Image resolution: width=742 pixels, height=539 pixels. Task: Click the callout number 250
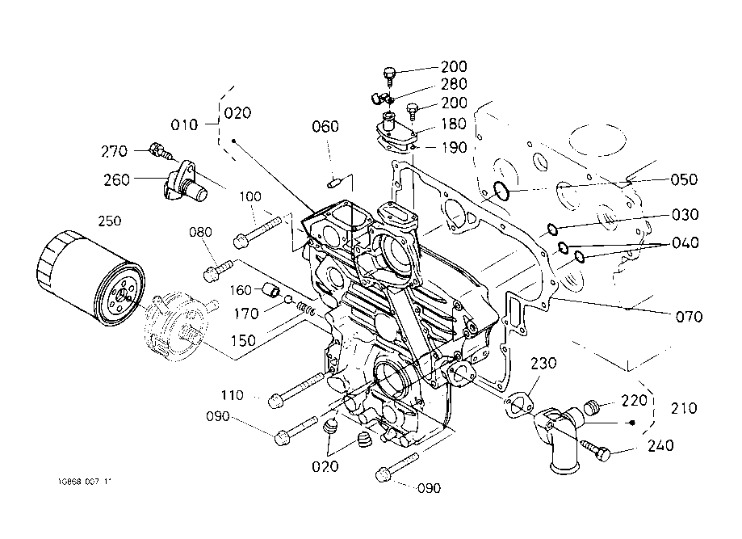[x=110, y=221]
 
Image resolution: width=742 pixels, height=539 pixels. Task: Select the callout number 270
[x=115, y=150]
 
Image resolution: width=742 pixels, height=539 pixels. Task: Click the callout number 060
[x=325, y=127]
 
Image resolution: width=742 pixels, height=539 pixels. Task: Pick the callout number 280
[x=454, y=85]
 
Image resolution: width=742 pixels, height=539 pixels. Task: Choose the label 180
[x=454, y=124]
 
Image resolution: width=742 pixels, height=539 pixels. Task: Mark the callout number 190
[x=454, y=146]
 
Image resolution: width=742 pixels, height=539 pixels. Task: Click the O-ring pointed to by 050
[x=501, y=192]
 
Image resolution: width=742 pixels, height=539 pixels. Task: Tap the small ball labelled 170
[x=288, y=301]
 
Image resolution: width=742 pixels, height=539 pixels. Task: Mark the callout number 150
[x=243, y=340]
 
